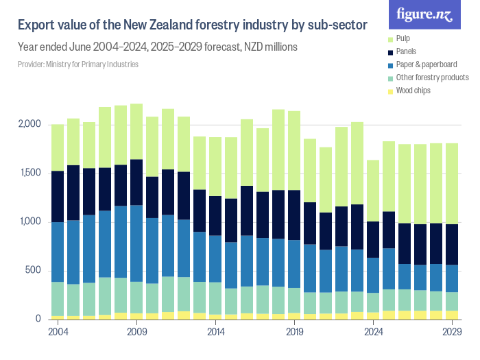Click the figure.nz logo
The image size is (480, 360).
pos(424,15)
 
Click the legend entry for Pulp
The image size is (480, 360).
pos(405,38)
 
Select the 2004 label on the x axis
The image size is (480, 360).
pos(58,332)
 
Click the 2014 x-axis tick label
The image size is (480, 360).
pos(216,332)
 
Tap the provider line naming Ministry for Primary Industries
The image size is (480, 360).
pos(78,64)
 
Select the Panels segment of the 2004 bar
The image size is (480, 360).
pos(58,196)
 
